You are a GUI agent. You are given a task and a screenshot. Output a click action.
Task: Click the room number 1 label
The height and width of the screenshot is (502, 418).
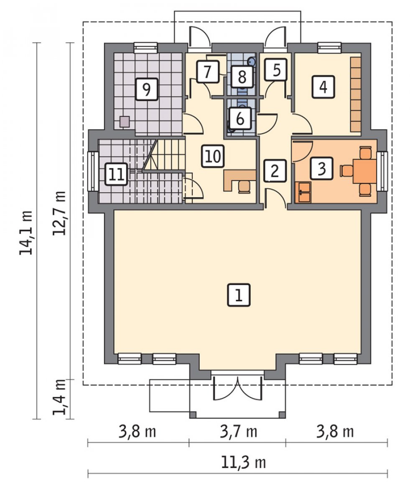239,295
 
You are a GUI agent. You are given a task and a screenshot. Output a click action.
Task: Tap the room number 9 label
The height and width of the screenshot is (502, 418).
146,89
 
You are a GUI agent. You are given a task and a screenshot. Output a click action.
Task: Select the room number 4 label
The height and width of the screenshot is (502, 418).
323,87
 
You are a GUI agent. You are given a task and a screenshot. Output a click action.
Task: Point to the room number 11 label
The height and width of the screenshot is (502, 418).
116,174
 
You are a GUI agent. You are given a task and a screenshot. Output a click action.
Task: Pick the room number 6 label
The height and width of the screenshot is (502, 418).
240,118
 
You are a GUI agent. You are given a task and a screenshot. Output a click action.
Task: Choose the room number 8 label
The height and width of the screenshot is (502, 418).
242,77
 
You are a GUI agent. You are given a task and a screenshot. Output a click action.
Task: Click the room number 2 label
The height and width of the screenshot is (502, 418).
275,170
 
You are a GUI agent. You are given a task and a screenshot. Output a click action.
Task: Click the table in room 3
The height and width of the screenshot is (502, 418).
364,171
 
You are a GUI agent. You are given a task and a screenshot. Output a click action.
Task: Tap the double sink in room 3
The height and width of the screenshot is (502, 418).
303,192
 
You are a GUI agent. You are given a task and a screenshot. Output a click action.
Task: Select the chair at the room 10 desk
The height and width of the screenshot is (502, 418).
244,187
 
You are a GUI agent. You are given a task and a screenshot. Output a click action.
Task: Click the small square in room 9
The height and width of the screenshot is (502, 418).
125,122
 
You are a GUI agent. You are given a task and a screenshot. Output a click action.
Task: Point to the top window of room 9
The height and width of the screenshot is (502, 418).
145,48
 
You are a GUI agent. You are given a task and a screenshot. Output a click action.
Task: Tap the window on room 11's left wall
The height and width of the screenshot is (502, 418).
93,171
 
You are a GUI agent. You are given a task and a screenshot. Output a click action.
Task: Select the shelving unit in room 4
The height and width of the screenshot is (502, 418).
356,94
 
